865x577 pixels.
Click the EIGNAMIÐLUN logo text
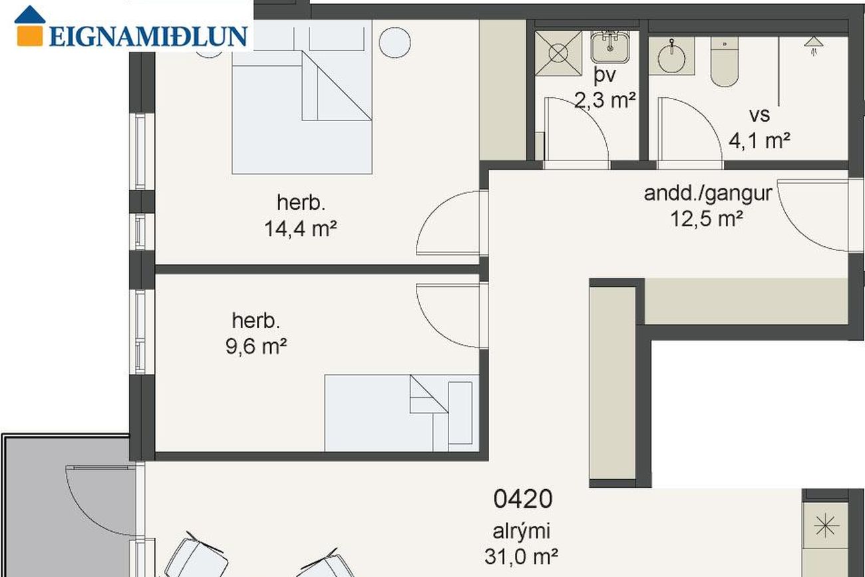[x=148, y=37]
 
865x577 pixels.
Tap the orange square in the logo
[x=30, y=36]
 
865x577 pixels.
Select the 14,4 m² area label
[x=301, y=229]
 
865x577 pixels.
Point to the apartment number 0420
[x=523, y=498]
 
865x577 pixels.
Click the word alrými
[x=521, y=532]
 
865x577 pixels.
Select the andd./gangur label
[x=708, y=194]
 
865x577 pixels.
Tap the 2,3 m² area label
[x=605, y=100]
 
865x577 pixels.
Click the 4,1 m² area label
[x=759, y=140]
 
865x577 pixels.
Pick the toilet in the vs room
[x=725, y=62]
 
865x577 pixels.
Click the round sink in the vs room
[x=671, y=58]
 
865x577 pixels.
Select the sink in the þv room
[x=610, y=47]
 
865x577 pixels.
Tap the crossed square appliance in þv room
[x=558, y=53]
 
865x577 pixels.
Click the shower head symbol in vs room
[x=814, y=46]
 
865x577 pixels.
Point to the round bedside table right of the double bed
[x=395, y=43]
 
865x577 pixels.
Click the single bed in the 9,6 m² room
[x=402, y=413]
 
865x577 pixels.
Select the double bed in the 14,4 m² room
[x=302, y=96]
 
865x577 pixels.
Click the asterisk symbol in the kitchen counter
[x=826, y=525]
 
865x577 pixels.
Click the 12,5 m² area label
[x=707, y=218]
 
